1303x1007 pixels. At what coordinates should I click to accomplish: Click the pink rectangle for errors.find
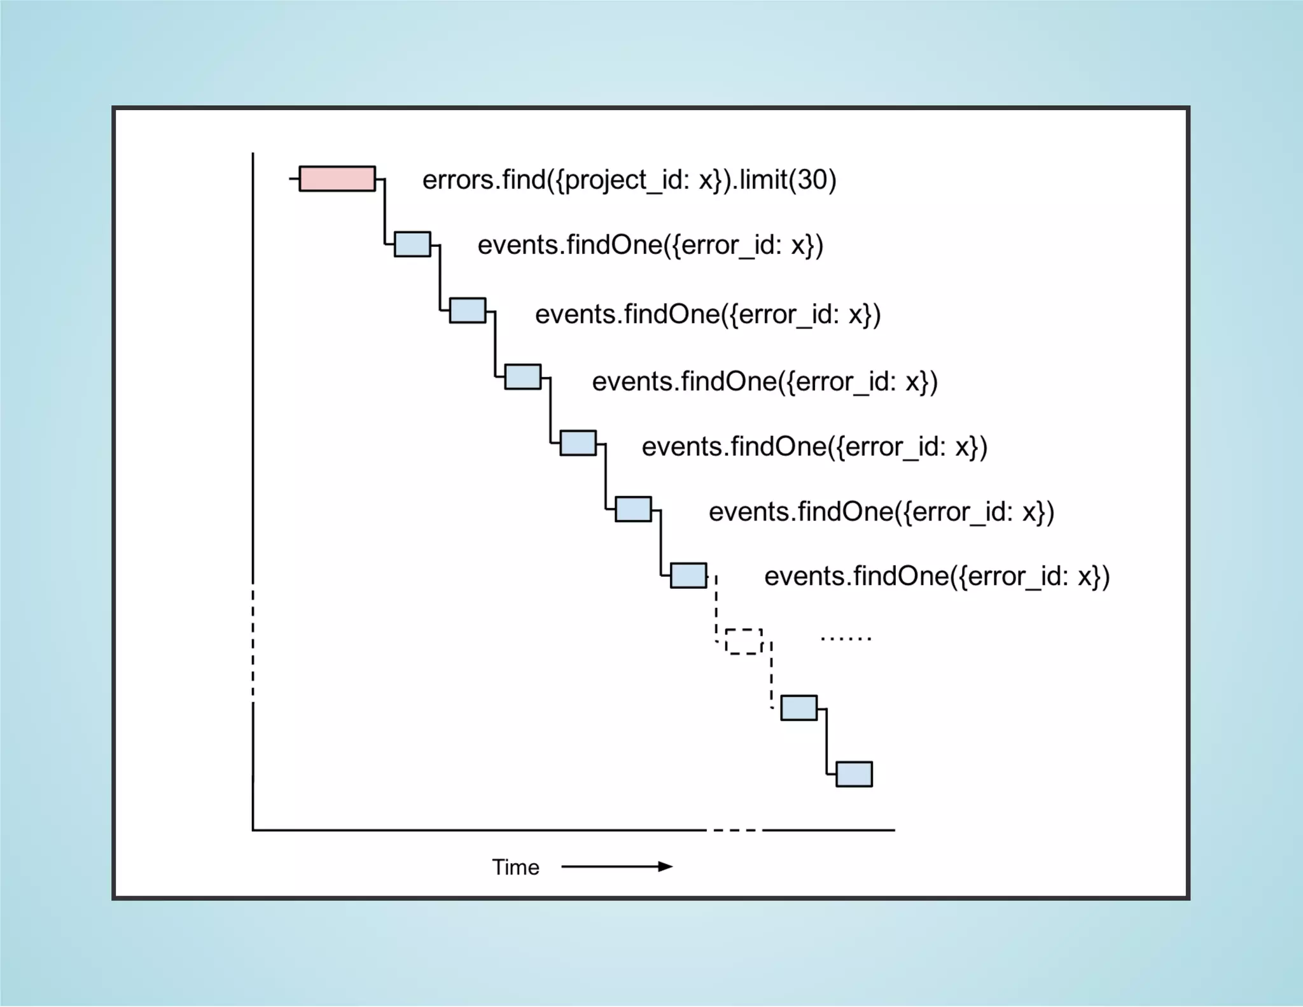(x=337, y=179)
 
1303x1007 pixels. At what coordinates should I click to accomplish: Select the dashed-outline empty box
(x=744, y=642)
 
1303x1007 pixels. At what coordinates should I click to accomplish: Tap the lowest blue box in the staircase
(x=854, y=774)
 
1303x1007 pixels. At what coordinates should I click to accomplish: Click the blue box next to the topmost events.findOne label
(x=412, y=244)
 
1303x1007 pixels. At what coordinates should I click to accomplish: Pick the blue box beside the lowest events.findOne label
(x=688, y=575)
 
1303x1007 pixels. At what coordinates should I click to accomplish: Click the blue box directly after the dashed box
(x=798, y=708)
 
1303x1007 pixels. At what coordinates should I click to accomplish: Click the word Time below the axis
(x=515, y=867)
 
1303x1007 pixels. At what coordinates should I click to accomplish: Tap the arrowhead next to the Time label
(x=665, y=866)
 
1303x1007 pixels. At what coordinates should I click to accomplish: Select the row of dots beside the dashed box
(x=846, y=638)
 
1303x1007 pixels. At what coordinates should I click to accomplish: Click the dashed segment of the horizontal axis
(x=735, y=830)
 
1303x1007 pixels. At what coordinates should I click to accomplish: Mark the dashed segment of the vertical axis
(x=253, y=643)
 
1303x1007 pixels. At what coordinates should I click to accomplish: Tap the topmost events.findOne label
(x=650, y=245)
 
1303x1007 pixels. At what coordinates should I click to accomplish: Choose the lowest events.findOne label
(x=937, y=576)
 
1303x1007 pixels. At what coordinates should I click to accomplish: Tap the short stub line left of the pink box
(x=294, y=179)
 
